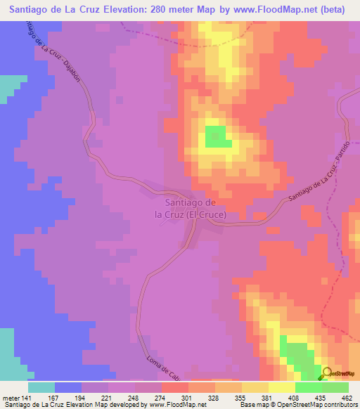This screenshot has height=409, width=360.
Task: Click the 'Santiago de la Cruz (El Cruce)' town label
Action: pyautogui.click(x=191, y=209)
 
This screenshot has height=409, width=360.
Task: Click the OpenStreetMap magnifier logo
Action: pyautogui.click(x=326, y=374)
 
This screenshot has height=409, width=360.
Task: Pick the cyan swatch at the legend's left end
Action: pyautogui.click(x=41, y=387)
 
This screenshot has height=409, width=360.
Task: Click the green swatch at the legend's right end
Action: pyautogui.click(x=335, y=387)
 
